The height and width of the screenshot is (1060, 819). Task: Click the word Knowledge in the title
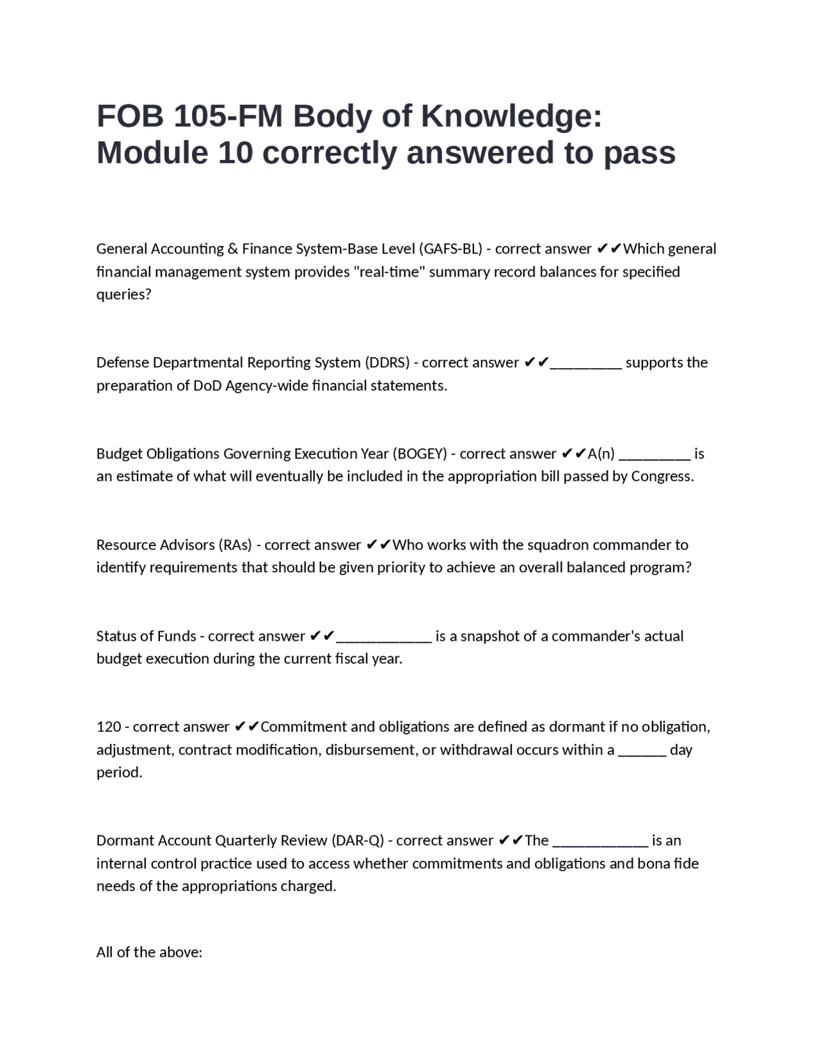tap(511, 116)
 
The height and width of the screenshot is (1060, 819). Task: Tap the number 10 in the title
tap(235, 153)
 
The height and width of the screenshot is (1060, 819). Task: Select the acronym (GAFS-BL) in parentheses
tap(450, 248)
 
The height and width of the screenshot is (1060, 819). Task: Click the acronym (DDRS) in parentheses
tap(387, 362)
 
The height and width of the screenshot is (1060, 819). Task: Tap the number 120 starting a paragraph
tap(109, 727)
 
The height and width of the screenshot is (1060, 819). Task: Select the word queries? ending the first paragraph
tap(124, 294)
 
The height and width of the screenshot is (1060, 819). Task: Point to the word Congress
tap(662, 476)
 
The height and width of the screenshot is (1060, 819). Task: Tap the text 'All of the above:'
tap(149, 952)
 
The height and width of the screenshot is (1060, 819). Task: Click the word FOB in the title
tap(130, 116)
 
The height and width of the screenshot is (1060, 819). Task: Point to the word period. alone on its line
tap(119, 773)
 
